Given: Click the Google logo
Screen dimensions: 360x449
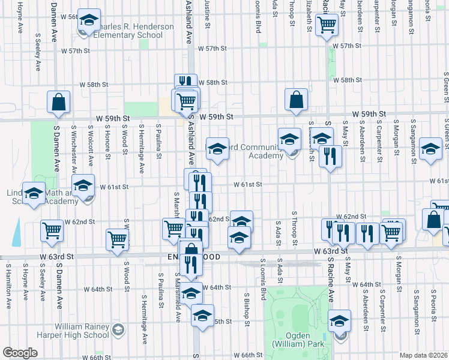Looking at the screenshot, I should click(20, 353).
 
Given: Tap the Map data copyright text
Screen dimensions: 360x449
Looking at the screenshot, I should click(424, 355).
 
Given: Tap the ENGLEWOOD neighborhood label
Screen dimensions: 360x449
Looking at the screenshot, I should click(187, 257).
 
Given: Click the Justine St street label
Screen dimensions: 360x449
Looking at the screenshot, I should click(207, 13).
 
